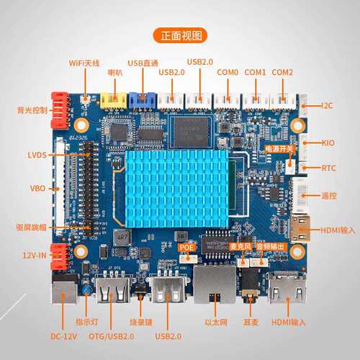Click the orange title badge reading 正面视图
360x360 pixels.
point(180,35)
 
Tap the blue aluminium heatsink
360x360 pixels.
point(176,189)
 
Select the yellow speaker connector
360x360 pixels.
point(114,100)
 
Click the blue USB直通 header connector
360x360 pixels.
point(143,101)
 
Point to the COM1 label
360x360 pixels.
point(255,72)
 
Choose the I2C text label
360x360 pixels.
point(327,106)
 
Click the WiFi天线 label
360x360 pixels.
point(84,63)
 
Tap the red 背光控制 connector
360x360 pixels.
point(60,111)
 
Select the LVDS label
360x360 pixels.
point(37,155)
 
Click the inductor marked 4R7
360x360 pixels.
point(122,238)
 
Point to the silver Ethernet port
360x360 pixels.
point(215,284)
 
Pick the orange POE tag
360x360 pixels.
point(186,248)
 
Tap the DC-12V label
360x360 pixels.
point(63,336)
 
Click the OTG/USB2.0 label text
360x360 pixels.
point(111,336)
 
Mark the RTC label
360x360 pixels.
point(328,168)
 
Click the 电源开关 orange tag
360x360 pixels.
point(279,149)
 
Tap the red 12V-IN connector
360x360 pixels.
point(59,257)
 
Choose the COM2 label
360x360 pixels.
point(282,72)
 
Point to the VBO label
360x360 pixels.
point(37,188)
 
